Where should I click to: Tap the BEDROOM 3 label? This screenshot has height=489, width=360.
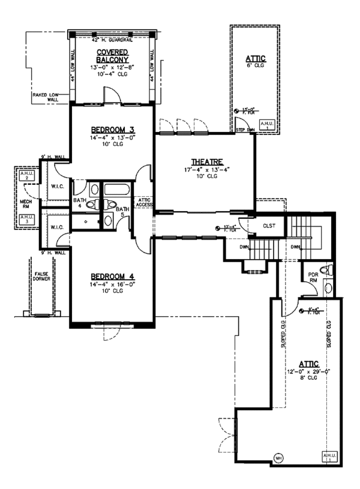[x=113, y=130]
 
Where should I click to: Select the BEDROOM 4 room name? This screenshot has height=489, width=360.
[x=112, y=277]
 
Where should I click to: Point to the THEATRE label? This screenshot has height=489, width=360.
[x=208, y=162]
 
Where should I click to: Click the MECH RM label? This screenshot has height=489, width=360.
[x=25, y=201]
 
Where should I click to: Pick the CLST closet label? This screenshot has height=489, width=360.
[x=269, y=226]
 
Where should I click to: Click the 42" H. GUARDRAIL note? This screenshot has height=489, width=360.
[x=112, y=40]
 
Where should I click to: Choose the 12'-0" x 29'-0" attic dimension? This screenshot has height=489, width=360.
[x=311, y=372]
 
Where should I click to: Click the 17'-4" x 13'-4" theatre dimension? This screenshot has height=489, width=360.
[x=208, y=170]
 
